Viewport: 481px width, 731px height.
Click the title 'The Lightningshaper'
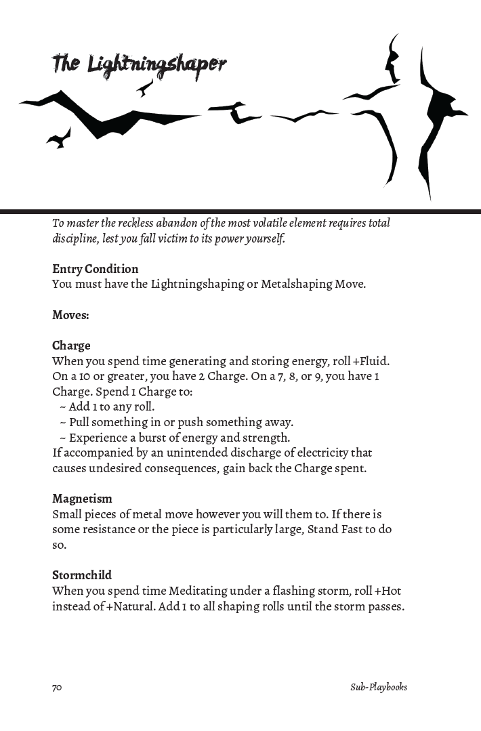[139, 64]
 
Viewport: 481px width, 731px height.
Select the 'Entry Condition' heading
[95, 269]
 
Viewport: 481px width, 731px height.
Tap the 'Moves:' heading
[70, 315]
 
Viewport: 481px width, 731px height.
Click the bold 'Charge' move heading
[71, 346]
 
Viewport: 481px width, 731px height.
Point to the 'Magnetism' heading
[82, 499]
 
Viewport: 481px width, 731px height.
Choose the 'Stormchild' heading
[82, 576]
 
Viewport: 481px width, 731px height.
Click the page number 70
[57, 687]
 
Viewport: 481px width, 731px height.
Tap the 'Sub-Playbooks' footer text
[379, 687]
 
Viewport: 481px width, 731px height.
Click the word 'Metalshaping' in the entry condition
[296, 284]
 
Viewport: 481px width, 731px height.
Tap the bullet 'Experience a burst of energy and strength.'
[179, 438]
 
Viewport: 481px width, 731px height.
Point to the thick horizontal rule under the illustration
[240, 211]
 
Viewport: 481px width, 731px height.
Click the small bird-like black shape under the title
[144, 87]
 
